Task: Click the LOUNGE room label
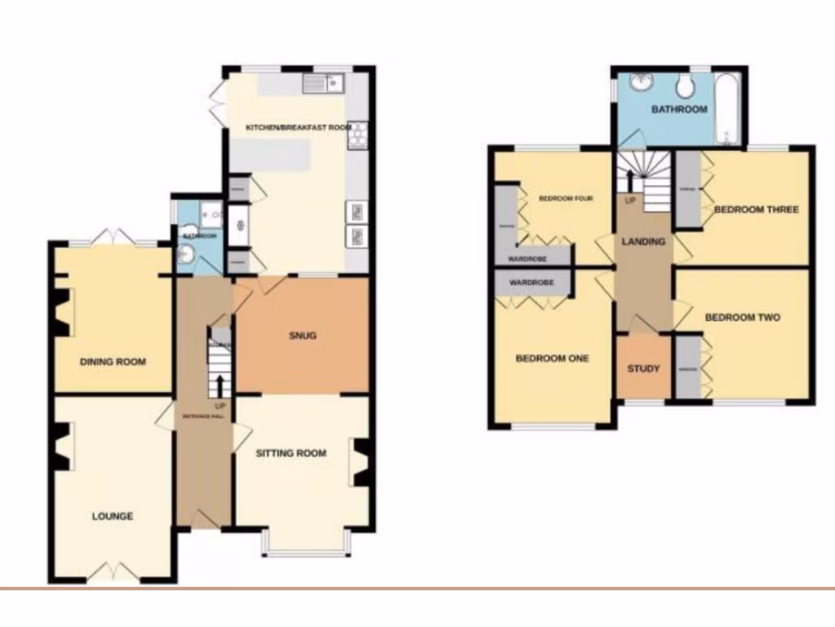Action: pyautogui.click(x=113, y=516)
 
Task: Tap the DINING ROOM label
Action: pyautogui.click(x=113, y=361)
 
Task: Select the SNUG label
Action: pyautogui.click(x=302, y=336)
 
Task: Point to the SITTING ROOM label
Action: pyautogui.click(x=291, y=453)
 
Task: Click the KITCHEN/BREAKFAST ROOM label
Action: pyautogui.click(x=299, y=127)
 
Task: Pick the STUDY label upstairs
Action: pyautogui.click(x=643, y=368)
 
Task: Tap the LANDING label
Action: pyautogui.click(x=643, y=242)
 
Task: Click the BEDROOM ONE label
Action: pyautogui.click(x=552, y=358)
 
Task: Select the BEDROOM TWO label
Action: pyautogui.click(x=743, y=318)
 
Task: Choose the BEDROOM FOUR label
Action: pyautogui.click(x=565, y=198)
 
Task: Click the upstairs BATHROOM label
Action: pyautogui.click(x=679, y=109)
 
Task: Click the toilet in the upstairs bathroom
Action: pyautogui.click(x=684, y=85)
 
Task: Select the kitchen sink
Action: pyautogui.click(x=324, y=82)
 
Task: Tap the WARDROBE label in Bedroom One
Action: pyautogui.click(x=532, y=283)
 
